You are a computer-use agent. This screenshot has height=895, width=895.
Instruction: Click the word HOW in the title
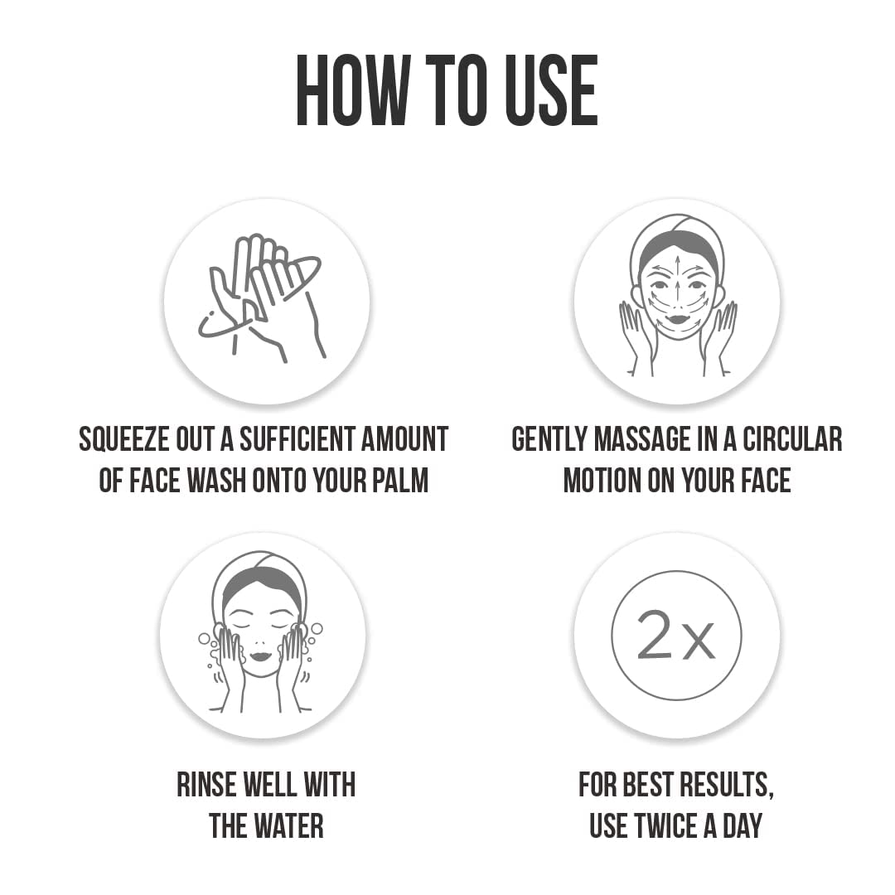352,90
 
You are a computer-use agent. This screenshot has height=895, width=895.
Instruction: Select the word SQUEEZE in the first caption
123,439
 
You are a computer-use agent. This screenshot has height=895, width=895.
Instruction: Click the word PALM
400,480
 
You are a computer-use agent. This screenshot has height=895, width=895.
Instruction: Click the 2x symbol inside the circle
676,635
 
